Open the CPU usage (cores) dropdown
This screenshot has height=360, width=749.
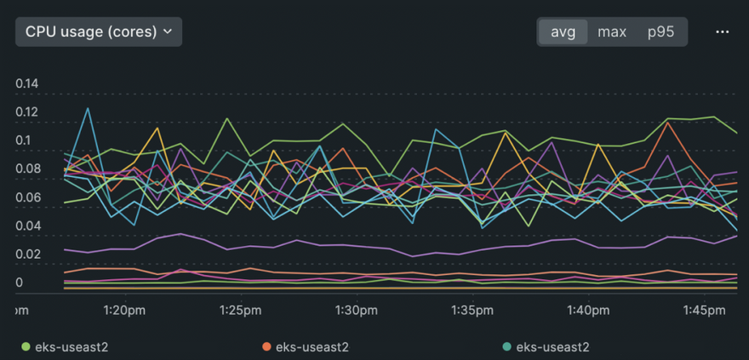pyautogui.click(x=98, y=31)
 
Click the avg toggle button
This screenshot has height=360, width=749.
pyautogui.click(x=563, y=31)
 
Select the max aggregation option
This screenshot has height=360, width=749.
pyautogui.click(x=612, y=31)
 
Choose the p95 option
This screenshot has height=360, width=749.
pyautogui.click(x=660, y=31)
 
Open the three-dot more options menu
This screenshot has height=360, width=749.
pyautogui.click(x=723, y=31)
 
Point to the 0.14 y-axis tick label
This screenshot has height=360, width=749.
pyautogui.click(x=28, y=83)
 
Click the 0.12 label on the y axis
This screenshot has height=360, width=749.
pyautogui.click(x=28, y=111)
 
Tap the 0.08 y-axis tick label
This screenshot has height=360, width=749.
pyautogui.click(x=28, y=169)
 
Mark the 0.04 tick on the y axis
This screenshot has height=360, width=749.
pyautogui.click(x=28, y=226)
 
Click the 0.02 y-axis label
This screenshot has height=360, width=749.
pyautogui.click(x=28, y=254)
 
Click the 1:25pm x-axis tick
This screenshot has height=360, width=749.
pyautogui.click(x=240, y=311)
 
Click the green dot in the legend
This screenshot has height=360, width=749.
pyautogui.click(x=26, y=346)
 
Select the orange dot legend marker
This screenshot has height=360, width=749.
pyautogui.click(x=266, y=346)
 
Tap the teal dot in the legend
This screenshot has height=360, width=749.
pyautogui.click(x=507, y=346)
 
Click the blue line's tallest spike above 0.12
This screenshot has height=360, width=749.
pyautogui.click(x=88, y=108)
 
